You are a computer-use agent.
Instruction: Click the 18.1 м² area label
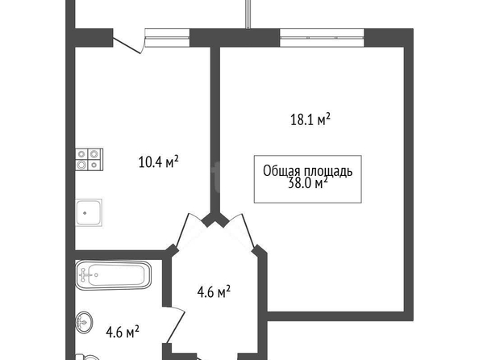[310, 119]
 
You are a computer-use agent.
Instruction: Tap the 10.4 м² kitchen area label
[158, 161]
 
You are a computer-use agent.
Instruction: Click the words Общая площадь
[307, 171]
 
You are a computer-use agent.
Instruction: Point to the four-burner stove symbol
[90, 160]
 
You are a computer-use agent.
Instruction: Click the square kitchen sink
[89, 213]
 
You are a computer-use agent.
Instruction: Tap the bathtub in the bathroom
[114, 274]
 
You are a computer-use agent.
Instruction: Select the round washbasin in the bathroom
[84, 322]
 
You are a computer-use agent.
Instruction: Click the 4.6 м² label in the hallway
[214, 292]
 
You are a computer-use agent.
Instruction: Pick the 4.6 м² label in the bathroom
[123, 332]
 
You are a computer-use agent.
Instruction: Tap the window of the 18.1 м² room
[323, 38]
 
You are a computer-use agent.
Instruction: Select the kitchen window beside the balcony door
[167, 38]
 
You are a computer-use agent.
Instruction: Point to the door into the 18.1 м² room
[241, 230]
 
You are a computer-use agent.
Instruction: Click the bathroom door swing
[176, 324]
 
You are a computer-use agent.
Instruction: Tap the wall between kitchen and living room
[215, 132]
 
